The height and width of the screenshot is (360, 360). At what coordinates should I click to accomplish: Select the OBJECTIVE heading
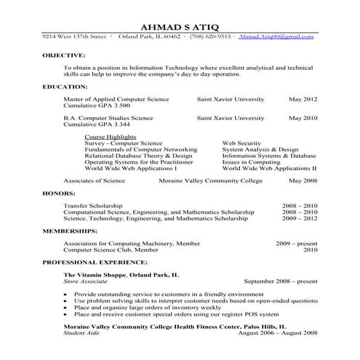64,55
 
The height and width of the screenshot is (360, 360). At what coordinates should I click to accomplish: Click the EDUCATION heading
65,87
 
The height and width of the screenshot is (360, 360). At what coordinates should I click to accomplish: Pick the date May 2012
303,97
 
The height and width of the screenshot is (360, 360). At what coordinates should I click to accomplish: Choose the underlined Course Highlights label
110,137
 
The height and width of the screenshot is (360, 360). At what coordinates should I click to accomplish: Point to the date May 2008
303,180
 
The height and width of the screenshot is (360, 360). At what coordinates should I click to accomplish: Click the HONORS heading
59,193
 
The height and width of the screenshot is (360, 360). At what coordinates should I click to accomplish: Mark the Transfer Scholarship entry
93,206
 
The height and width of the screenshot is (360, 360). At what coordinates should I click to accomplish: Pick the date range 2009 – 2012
300,218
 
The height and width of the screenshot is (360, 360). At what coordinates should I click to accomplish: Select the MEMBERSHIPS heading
71,231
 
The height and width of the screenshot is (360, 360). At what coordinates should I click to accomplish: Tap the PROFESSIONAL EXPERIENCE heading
95,262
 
